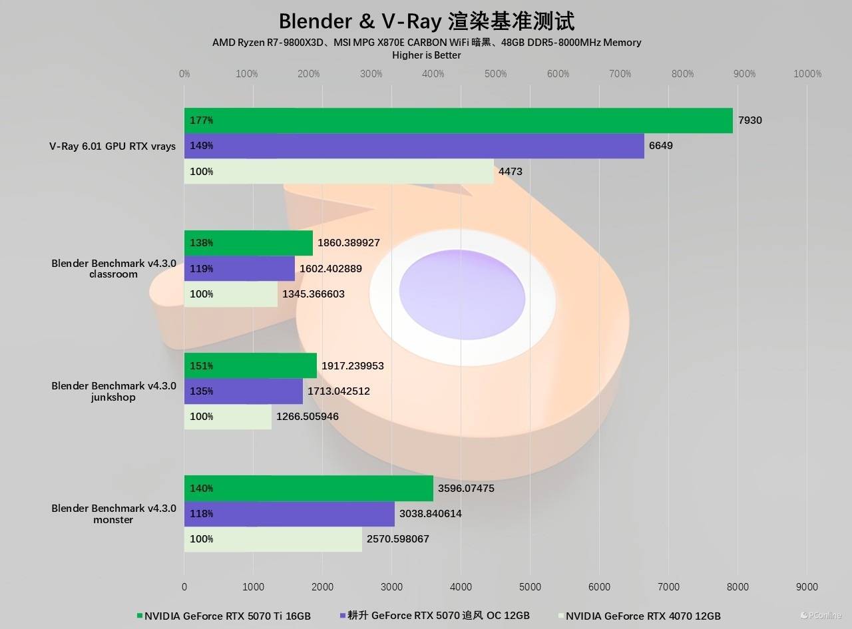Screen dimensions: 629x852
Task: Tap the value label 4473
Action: point(511,172)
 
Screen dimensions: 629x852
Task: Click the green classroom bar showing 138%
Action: point(248,243)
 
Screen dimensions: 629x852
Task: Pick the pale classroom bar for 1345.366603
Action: point(231,294)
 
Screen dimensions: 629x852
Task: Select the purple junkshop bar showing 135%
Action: point(244,391)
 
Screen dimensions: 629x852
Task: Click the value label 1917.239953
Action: point(353,366)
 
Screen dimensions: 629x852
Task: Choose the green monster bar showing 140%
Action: point(309,489)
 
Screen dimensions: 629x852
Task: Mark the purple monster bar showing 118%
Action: point(290,514)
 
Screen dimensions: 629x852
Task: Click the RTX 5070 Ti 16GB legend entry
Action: point(224,616)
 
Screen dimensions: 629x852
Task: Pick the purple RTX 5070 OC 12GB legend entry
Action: point(435,616)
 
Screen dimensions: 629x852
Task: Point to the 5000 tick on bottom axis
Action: point(530,587)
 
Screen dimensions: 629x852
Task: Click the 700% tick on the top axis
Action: point(620,74)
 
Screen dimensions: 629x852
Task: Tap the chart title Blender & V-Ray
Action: point(426,21)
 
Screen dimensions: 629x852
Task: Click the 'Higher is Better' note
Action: point(427,55)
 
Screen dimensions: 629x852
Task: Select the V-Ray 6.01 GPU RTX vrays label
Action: point(112,146)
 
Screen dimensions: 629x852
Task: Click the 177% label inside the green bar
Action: point(201,120)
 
